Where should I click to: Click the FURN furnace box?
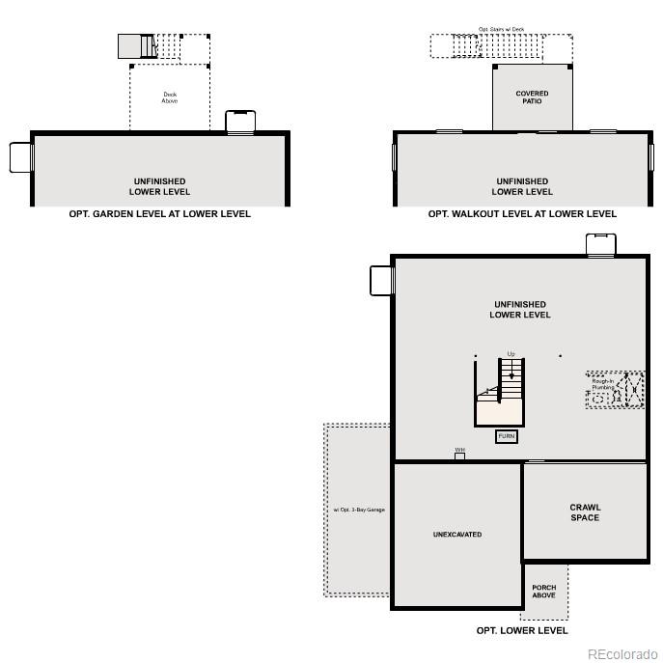click(x=506, y=436)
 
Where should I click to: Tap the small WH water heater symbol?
click(x=460, y=455)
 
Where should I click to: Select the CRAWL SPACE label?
click(x=585, y=512)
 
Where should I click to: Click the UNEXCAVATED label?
click(x=457, y=534)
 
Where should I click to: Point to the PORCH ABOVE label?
click(x=544, y=591)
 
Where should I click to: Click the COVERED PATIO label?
click(x=532, y=97)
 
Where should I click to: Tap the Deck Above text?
click(x=170, y=97)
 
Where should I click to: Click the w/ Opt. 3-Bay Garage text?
click(x=359, y=509)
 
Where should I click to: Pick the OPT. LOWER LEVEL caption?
click(x=522, y=630)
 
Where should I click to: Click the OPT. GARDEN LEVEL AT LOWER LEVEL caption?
click(x=159, y=213)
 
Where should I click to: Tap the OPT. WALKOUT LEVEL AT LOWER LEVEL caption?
click(x=522, y=213)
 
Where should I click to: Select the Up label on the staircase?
click(x=511, y=354)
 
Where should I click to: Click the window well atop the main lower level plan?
click(x=599, y=244)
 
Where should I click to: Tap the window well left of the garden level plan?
click(x=21, y=157)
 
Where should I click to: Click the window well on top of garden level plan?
click(x=240, y=122)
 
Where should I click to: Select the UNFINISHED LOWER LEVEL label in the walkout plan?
click(x=522, y=186)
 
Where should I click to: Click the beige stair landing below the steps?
click(x=499, y=411)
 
